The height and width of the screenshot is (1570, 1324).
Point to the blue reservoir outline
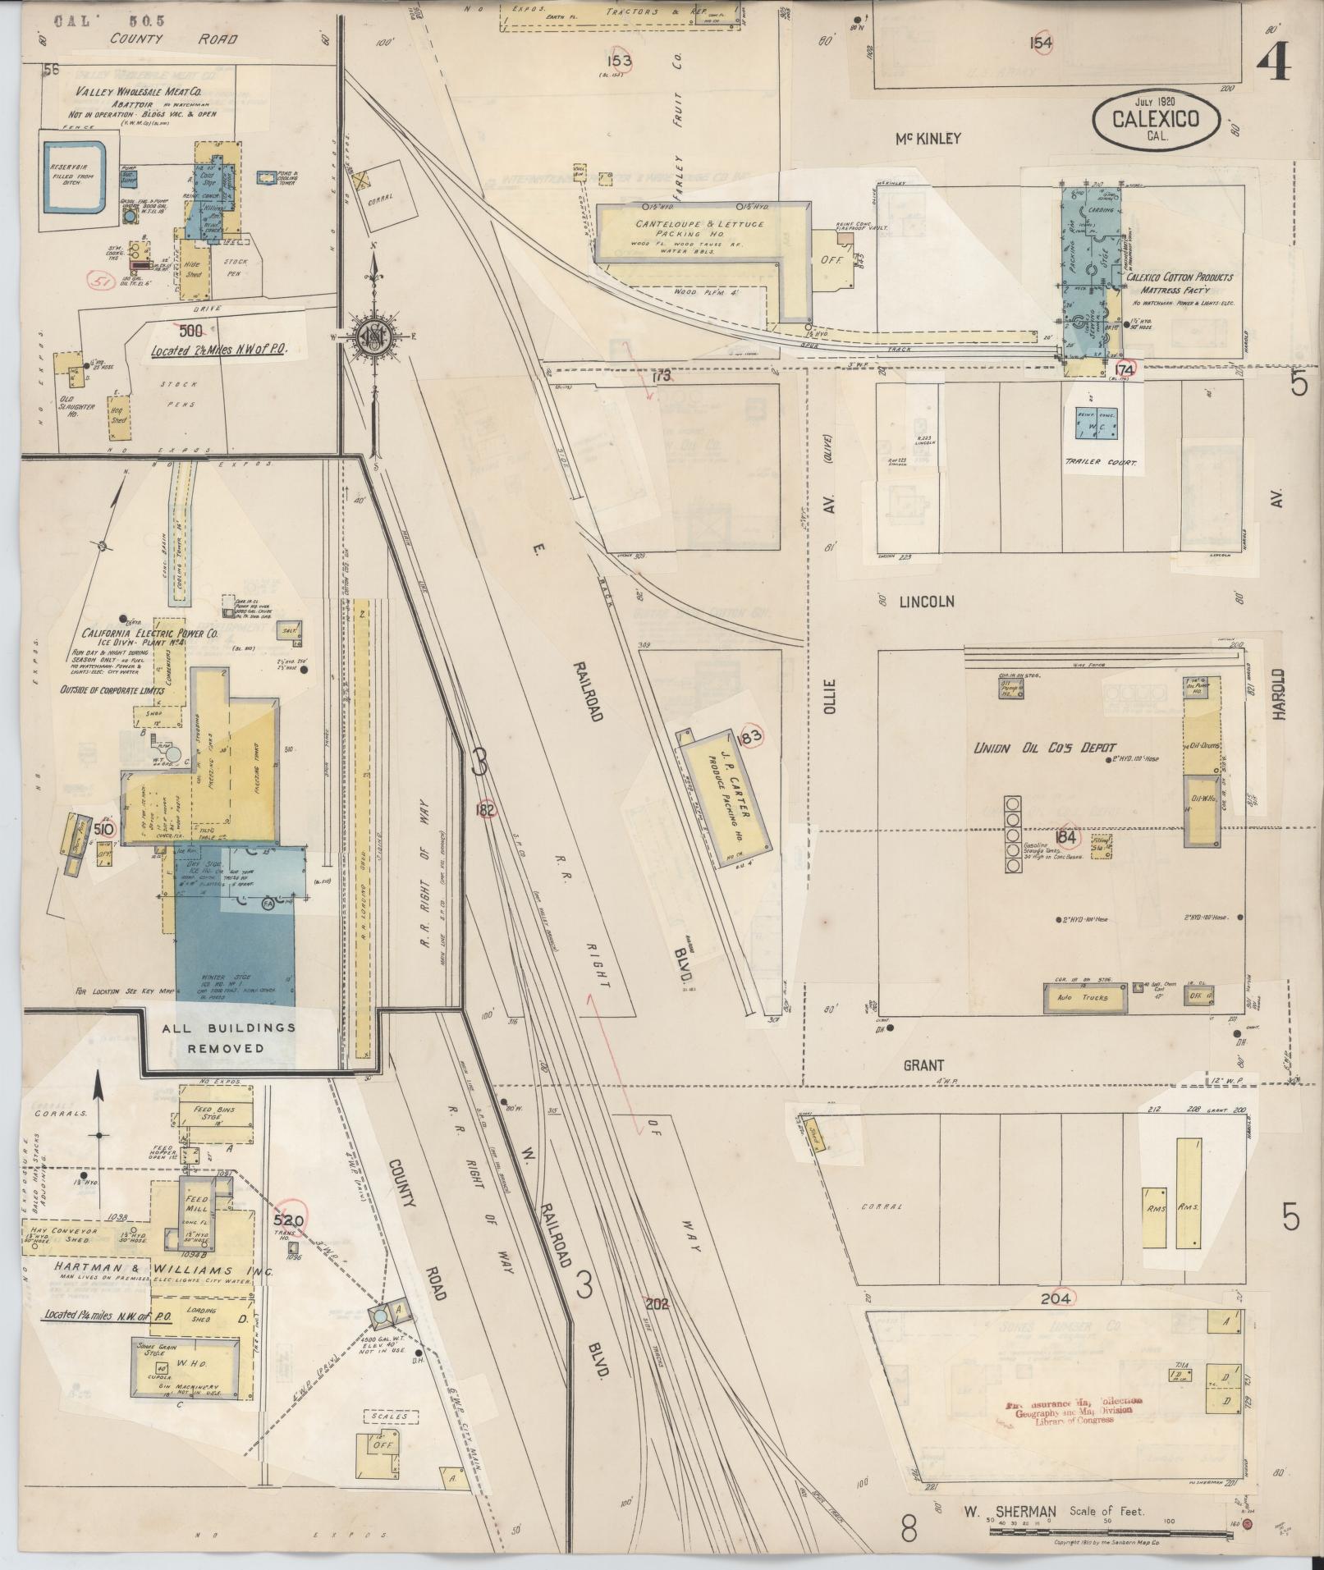click(74, 177)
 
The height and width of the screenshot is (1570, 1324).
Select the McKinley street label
click(928, 139)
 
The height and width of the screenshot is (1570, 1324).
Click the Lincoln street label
click(927, 602)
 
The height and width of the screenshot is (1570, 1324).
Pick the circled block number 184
click(1067, 837)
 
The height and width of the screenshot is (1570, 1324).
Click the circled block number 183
click(750, 736)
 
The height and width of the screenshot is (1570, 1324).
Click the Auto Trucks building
click(1082, 998)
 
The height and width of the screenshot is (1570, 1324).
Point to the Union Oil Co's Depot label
click(1044, 748)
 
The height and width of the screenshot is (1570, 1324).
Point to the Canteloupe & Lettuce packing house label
click(699, 228)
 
